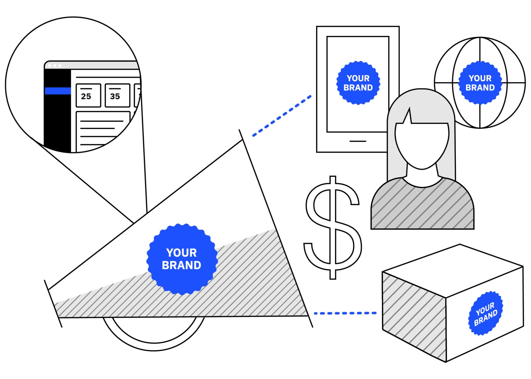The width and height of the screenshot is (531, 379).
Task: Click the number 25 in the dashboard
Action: (x=86, y=96)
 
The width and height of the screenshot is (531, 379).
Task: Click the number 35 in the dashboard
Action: (x=115, y=96)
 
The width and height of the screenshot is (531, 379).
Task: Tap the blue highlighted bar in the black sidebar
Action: (x=58, y=91)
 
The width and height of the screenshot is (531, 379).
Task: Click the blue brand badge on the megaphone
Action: (x=182, y=259)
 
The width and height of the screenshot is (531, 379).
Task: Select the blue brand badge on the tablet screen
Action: (x=358, y=83)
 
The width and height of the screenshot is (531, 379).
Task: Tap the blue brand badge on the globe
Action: (x=480, y=83)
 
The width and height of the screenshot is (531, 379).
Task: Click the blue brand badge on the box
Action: (x=485, y=313)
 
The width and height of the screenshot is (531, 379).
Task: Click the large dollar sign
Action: (x=332, y=228)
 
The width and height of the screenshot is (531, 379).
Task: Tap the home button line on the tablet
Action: (x=358, y=141)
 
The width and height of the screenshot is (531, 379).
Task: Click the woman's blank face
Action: (x=422, y=145)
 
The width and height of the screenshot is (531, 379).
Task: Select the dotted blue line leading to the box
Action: (x=345, y=313)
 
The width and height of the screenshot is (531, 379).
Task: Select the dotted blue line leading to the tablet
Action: (x=282, y=116)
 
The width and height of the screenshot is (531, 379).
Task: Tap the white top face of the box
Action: (x=453, y=271)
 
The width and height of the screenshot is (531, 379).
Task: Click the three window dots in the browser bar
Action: (x=55, y=66)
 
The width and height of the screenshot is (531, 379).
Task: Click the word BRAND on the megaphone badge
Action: (x=181, y=265)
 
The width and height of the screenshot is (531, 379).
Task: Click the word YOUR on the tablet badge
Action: (x=358, y=78)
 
